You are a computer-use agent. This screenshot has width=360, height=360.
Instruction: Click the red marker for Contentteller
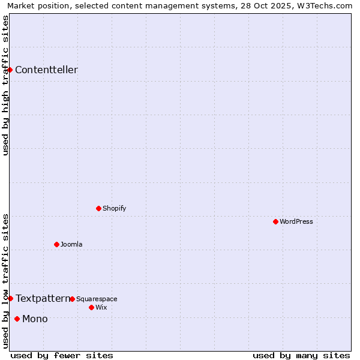click(x=10, y=70)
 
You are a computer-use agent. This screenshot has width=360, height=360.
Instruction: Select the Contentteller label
click(x=46, y=70)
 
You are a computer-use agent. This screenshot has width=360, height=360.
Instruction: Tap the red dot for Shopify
click(x=99, y=209)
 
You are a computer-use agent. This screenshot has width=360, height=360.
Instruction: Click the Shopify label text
click(x=114, y=209)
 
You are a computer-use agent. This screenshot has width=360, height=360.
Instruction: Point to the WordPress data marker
click(x=276, y=222)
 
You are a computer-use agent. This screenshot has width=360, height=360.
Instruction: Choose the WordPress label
click(x=296, y=222)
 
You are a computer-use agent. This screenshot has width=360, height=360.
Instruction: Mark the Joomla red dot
click(x=57, y=245)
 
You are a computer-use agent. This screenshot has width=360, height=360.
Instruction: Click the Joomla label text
click(x=71, y=245)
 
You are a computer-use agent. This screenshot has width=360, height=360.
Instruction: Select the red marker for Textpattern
click(x=10, y=299)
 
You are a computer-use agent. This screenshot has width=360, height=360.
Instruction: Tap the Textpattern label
click(x=43, y=299)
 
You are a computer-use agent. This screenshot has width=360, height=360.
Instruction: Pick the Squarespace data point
click(x=73, y=299)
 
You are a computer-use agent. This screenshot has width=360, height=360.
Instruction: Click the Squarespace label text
click(x=97, y=299)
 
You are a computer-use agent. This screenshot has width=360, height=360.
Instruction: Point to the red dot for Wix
click(x=92, y=308)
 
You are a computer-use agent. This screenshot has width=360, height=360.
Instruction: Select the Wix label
click(x=101, y=308)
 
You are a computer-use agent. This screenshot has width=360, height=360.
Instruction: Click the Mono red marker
click(x=17, y=319)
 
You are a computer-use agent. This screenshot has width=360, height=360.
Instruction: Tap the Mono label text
click(x=35, y=319)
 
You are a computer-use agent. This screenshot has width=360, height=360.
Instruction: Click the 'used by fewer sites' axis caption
click(x=62, y=356)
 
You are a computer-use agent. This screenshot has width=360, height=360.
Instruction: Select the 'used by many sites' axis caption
click(x=301, y=356)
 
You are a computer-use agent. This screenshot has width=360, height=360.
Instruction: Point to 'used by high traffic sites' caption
click(x=5, y=85)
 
